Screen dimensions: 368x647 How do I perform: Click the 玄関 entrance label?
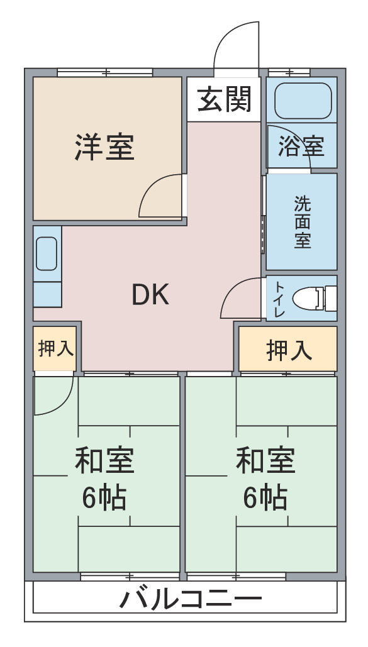[x=225, y=99]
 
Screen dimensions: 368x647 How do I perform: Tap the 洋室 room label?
[x=104, y=147]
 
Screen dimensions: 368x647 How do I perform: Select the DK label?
[x=150, y=295]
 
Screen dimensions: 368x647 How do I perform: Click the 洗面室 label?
[x=303, y=221]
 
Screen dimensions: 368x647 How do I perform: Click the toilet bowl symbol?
[x=315, y=298]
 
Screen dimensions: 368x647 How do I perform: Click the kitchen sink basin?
[x=47, y=254]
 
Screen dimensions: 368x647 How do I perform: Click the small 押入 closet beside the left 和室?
[x=55, y=349]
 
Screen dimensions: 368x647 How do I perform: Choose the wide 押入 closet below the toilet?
[x=288, y=349]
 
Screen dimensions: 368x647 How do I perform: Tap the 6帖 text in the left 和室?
[x=104, y=498]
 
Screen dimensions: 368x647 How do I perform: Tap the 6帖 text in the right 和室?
[x=265, y=498]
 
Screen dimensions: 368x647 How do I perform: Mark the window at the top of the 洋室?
[x=105, y=73]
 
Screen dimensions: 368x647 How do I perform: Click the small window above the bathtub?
[x=289, y=73]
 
